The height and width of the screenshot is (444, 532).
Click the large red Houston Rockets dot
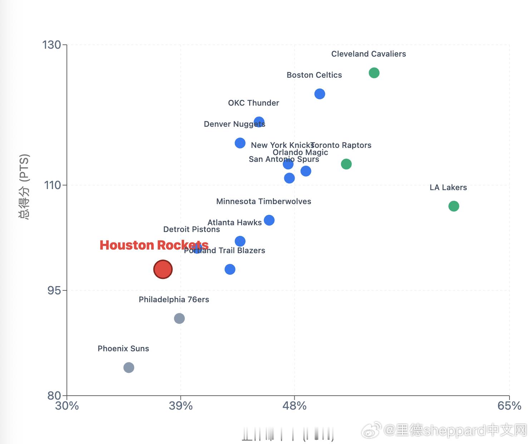163,269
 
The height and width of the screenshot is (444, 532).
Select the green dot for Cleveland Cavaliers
374,73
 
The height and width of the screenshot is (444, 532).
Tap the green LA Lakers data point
454,206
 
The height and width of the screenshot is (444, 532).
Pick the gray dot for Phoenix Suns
129,368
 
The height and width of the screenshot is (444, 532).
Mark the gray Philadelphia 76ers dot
179,318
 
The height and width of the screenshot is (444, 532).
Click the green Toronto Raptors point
346,164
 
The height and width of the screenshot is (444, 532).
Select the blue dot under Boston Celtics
320,94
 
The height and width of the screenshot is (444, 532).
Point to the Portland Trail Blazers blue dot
230,269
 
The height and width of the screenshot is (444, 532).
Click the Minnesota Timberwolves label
263,202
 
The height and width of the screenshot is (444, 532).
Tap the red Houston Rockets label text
154,245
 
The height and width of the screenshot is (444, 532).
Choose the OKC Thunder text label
253,103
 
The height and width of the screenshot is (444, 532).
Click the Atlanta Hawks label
235,223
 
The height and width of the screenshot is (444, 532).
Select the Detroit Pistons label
191,230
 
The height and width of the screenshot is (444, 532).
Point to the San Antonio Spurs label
284,159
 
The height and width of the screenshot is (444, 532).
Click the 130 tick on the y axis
52,45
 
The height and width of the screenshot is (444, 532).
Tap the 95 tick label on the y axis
54,290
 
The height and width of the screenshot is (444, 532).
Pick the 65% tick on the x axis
509,406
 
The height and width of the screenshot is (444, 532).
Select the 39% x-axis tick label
181,406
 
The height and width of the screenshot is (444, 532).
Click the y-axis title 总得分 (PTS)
24,186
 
